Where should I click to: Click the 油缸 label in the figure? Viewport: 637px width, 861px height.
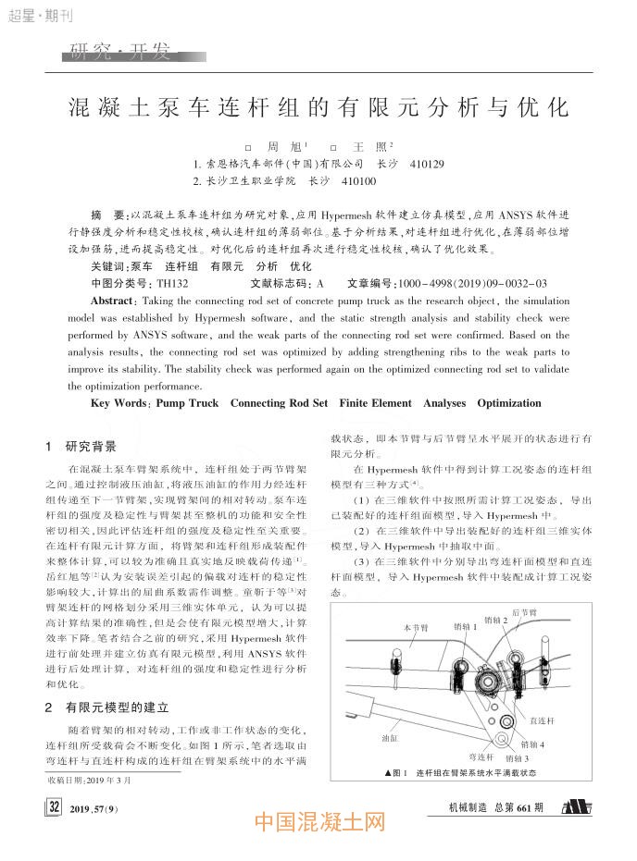click(x=391, y=739)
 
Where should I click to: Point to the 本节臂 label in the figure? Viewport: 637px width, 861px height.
click(x=416, y=628)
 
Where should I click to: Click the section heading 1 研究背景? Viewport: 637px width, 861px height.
click(x=83, y=446)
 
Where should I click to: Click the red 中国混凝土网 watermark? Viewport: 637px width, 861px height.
click(x=318, y=822)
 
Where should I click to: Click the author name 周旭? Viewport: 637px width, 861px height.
click(x=279, y=148)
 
